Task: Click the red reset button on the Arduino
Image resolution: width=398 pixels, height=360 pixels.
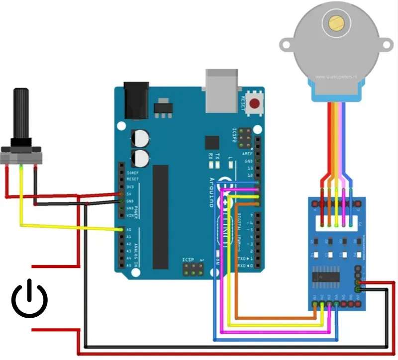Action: pos(255,104)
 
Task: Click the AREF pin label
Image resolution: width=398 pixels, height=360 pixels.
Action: pos(247,155)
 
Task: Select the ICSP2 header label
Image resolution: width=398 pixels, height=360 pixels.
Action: pos(234,137)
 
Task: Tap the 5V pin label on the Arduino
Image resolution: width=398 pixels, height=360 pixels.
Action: pos(129,193)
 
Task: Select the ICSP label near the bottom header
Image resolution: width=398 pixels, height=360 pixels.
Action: pos(188,260)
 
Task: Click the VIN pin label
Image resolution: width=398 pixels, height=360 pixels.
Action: pos(129,215)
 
